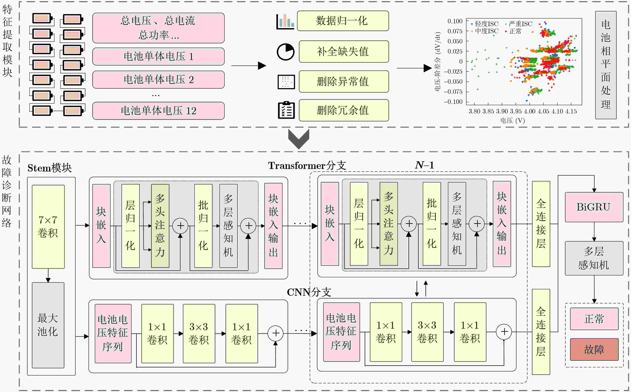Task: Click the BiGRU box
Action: pos(594,207)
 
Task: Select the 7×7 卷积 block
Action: pos(48,227)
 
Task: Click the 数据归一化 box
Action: pos(343,21)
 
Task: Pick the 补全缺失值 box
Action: pos(344,51)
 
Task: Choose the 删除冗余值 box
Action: pos(344,110)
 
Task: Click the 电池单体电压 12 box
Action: pos(159,111)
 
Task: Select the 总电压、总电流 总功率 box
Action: pos(159,28)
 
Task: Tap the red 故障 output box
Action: pos(594,349)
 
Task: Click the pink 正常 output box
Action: pos(594,319)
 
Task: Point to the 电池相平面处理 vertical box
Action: pos(606,65)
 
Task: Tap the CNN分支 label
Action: pos(309,292)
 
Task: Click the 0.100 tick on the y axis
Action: pos(455,21)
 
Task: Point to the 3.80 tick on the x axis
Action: pos(474,111)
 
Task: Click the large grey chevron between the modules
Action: pos(299,139)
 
